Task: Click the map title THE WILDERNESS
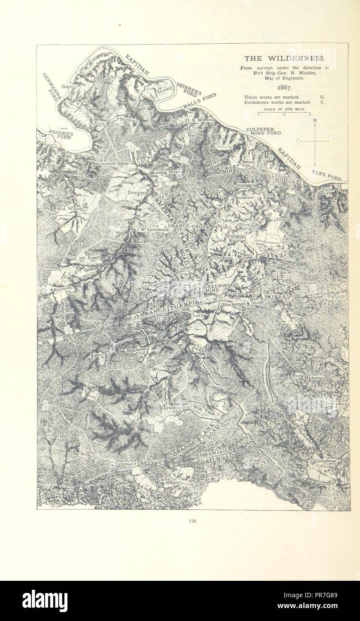[285, 59]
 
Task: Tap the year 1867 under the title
[285, 88]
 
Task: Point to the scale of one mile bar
[285, 112]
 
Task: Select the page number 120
[193, 520]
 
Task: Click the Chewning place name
[171, 408]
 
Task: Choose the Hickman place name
[314, 378]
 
